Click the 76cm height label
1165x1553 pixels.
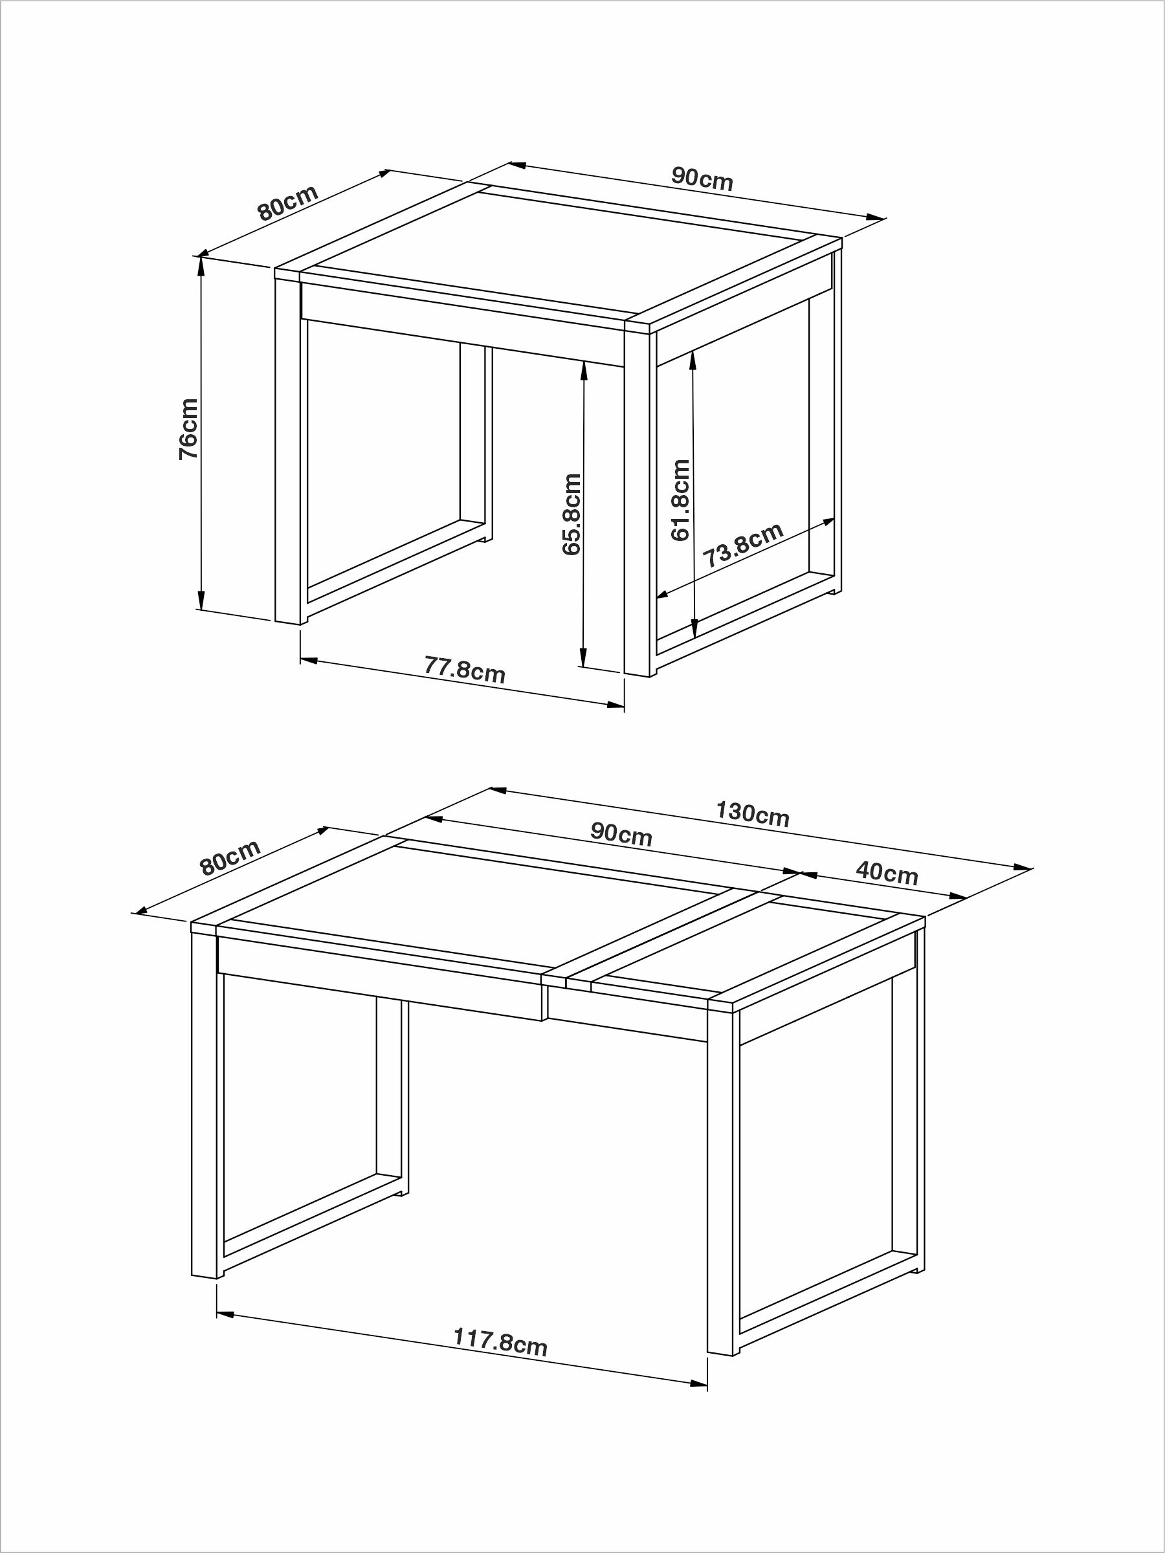[x=188, y=428]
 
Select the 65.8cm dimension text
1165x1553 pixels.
[x=572, y=514]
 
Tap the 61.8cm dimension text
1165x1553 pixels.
[x=680, y=500]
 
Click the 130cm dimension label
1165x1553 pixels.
[x=753, y=814]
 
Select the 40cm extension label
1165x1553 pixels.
[x=887, y=874]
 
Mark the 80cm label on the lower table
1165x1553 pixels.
[x=230, y=858]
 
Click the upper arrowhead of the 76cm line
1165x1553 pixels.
[x=201, y=265]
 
